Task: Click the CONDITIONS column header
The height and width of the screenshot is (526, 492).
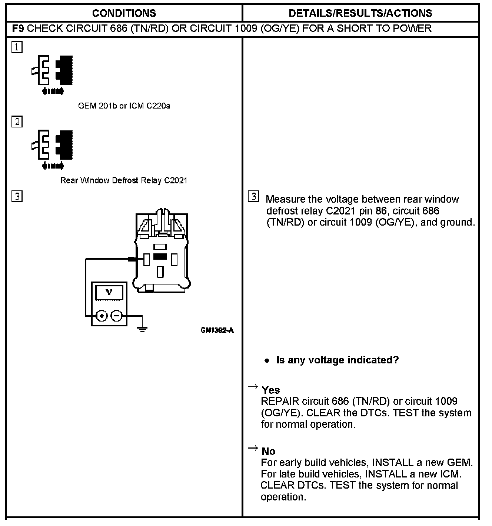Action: click(x=124, y=13)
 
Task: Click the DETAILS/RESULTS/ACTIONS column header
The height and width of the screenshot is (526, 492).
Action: click(x=360, y=13)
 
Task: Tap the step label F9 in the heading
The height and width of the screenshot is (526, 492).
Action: click(x=18, y=29)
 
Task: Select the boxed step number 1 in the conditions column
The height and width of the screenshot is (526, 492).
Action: click(x=17, y=47)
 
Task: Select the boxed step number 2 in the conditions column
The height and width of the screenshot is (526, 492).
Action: click(x=17, y=122)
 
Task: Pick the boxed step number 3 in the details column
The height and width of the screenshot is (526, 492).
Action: click(x=253, y=196)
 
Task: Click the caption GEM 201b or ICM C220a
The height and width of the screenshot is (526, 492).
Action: click(x=124, y=106)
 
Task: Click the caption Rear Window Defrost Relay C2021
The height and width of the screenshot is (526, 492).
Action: click(x=124, y=180)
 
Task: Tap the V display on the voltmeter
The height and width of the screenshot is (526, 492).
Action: click(x=109, y=292)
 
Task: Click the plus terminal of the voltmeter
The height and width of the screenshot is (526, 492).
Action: click(x=102, y=316)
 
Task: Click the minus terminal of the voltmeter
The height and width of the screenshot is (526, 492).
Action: click(x=116, y=316)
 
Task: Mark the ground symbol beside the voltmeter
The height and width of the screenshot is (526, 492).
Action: click(x=142, y=328)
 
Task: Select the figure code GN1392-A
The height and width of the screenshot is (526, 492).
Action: click(x=217, y=330)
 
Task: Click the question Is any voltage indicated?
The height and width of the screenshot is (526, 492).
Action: click(x=337, y=360)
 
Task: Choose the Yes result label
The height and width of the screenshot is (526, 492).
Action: click(x=270, y=390)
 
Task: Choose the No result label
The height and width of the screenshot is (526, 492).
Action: click(x=269, y=451)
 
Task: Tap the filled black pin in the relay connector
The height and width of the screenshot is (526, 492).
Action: click(x=160, y=256)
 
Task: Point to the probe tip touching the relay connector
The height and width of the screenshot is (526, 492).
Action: click(x=132, y=259)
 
